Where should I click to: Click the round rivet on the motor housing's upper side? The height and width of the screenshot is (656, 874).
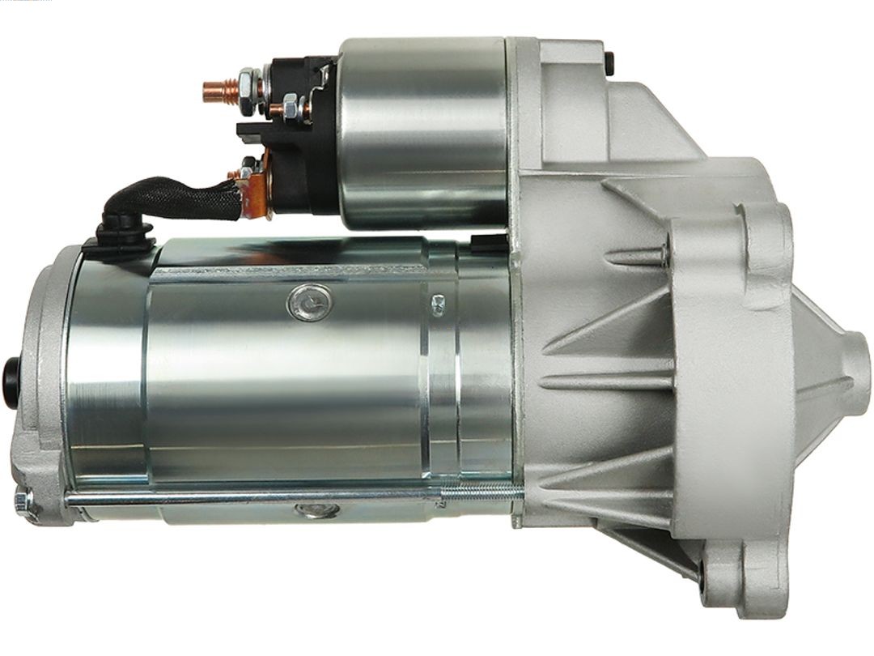click(309, 304)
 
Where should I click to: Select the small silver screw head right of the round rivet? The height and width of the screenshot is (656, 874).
click(439, 305)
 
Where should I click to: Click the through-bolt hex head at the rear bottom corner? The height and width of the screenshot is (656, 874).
click(24, 503)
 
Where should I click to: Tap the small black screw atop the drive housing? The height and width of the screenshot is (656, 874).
click(609, 62)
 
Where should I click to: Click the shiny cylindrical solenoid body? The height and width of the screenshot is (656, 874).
click(421, 130)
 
